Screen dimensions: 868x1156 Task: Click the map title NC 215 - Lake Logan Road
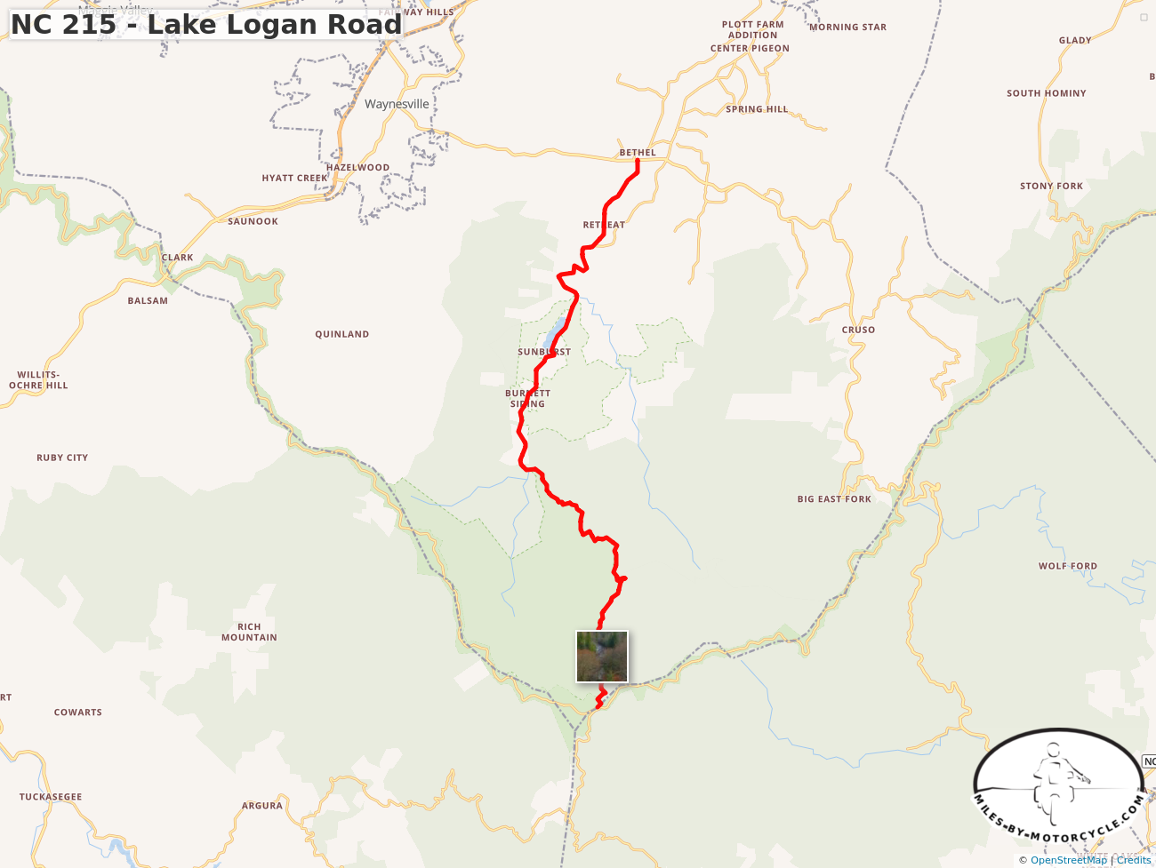(x=206, y=24)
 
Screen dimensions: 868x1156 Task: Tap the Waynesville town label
(x=397, y=104)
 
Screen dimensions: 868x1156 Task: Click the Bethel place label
(x=638, y=153)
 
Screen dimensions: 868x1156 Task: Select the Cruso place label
(x=858, y=330)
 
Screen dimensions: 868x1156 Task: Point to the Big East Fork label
(x=834, y=499)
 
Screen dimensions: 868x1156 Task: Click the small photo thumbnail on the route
(x=602, y=657)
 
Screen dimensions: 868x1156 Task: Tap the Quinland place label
(x=341, y=335)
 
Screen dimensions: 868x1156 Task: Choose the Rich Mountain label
(x=249, y=632)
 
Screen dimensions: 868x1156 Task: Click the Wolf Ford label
(x=1067, y=566)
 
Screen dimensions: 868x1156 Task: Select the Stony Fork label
(x=1051, y=187)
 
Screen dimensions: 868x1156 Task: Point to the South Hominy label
(x=1046, y=93)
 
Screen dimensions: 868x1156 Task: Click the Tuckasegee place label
(x=51, y=797)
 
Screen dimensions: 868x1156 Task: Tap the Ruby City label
(x=62, y=458)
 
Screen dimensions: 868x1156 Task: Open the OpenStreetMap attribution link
(x=1068, y=860)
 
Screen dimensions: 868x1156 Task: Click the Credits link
(x=1133, y=860)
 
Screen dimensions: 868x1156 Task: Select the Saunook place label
(x=253, y=221)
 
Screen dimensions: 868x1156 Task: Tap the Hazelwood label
(x=357, y=167)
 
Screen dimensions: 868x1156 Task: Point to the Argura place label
(x=262, y=806)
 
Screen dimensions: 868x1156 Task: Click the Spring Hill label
(x=757, y=109)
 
